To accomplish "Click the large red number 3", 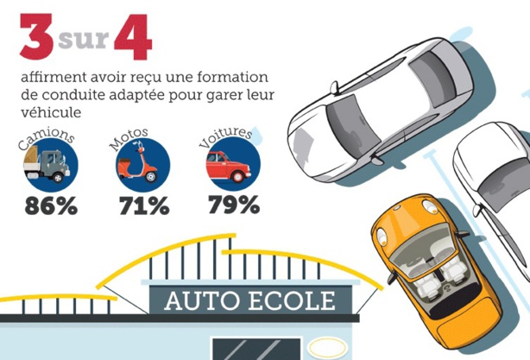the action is pos(37,36).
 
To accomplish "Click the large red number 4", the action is pos(133,36).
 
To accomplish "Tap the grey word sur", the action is pos(84,39).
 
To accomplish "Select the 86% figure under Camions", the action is pos(51,205).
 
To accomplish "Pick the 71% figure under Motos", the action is pos(144,205).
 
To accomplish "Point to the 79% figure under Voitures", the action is pos(234,205).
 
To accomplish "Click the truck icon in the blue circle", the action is pos(47,166).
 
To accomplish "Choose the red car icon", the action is pos(229,167).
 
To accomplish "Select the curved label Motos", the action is pos(129,137).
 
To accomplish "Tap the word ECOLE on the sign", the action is pos(293,300).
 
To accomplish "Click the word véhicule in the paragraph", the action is pos(51,112).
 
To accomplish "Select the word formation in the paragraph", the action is pos(232,77).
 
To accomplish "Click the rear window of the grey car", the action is pos(433,77).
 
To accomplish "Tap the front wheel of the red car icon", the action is pos(238,176).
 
